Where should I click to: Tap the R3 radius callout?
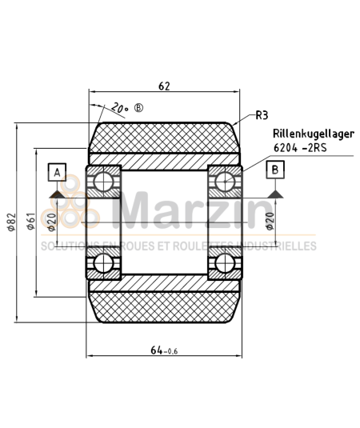[x=261, y=116]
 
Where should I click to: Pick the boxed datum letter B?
[x=274, y=170]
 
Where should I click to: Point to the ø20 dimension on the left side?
[x=51, y=222]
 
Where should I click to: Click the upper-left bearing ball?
[x=103, y=182]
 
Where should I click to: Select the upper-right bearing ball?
[x=225, y=182]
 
